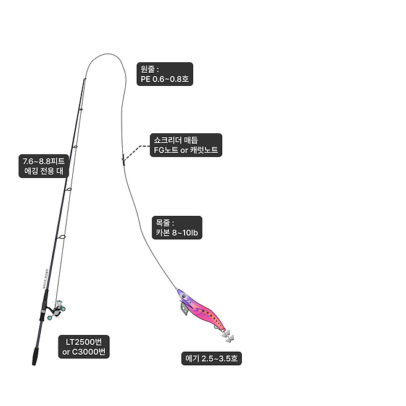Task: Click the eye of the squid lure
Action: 183,297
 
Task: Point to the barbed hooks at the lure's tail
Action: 228,338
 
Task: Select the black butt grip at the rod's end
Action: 36,354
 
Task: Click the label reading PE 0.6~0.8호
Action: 162,80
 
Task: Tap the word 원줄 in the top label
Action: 149,69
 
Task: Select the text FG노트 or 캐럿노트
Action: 185,150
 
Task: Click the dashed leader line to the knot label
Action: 137,150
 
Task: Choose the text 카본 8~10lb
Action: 176,233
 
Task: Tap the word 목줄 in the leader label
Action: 164,222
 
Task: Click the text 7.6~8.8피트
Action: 43,162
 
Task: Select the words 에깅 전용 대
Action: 43,172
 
